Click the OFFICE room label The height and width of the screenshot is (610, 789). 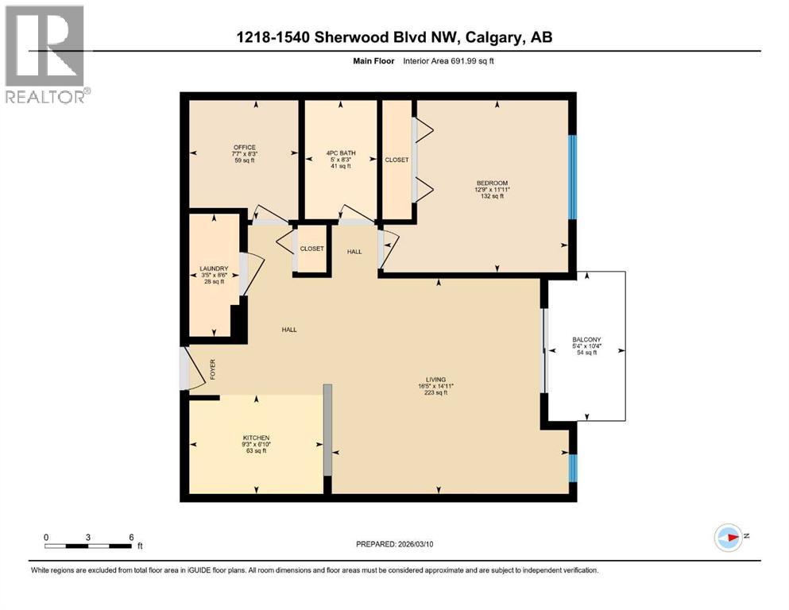pos(244,147)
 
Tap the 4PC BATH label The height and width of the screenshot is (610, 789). pos(339,153)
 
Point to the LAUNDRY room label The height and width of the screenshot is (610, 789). pos(214,268)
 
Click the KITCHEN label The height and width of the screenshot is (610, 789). pos(256,438)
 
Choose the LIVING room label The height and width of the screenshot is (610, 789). pos(435,380)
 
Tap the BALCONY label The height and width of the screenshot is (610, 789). pos(587,339)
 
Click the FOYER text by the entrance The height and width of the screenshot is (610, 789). pos(212,369)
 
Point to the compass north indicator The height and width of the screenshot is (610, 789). pos(729,538)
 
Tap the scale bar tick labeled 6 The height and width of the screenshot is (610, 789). pos(130,536)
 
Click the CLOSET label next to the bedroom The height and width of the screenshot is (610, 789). pos(396,160)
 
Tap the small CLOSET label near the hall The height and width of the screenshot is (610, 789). pos(311,249)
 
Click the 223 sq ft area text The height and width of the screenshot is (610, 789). pos(435,393)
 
